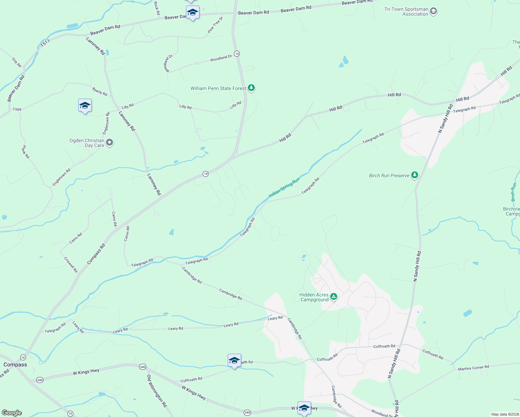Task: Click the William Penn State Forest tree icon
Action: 251,88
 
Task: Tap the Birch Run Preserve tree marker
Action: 414,175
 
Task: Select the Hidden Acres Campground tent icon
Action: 334,297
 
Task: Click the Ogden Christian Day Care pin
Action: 109,142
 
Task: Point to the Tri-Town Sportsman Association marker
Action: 433,11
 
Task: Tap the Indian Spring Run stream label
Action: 284,188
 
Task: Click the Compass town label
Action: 15,365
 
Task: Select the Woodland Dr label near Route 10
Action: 221,58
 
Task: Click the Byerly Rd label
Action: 100,92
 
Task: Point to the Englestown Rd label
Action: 62,177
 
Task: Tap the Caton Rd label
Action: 127,234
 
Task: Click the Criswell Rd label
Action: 71,264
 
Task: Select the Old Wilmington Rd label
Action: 157,391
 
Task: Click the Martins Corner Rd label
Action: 473,368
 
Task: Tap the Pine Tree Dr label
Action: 215,25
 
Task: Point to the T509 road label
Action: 17,109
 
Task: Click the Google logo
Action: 12,413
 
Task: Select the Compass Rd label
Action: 96,254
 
